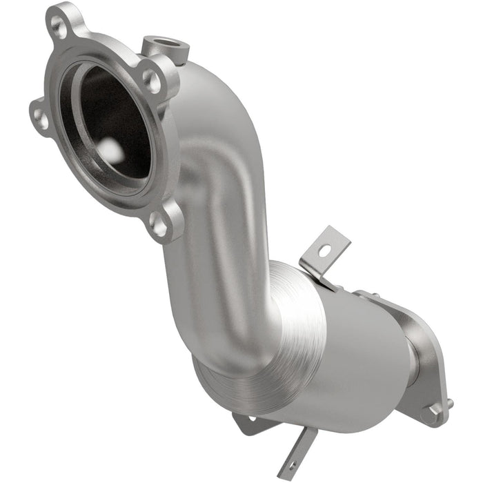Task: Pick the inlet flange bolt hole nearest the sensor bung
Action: tap(152, 81)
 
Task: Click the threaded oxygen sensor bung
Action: tap(164, 48)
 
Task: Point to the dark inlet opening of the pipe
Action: tap(107, 124)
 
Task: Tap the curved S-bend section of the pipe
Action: tap(221, 207)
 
